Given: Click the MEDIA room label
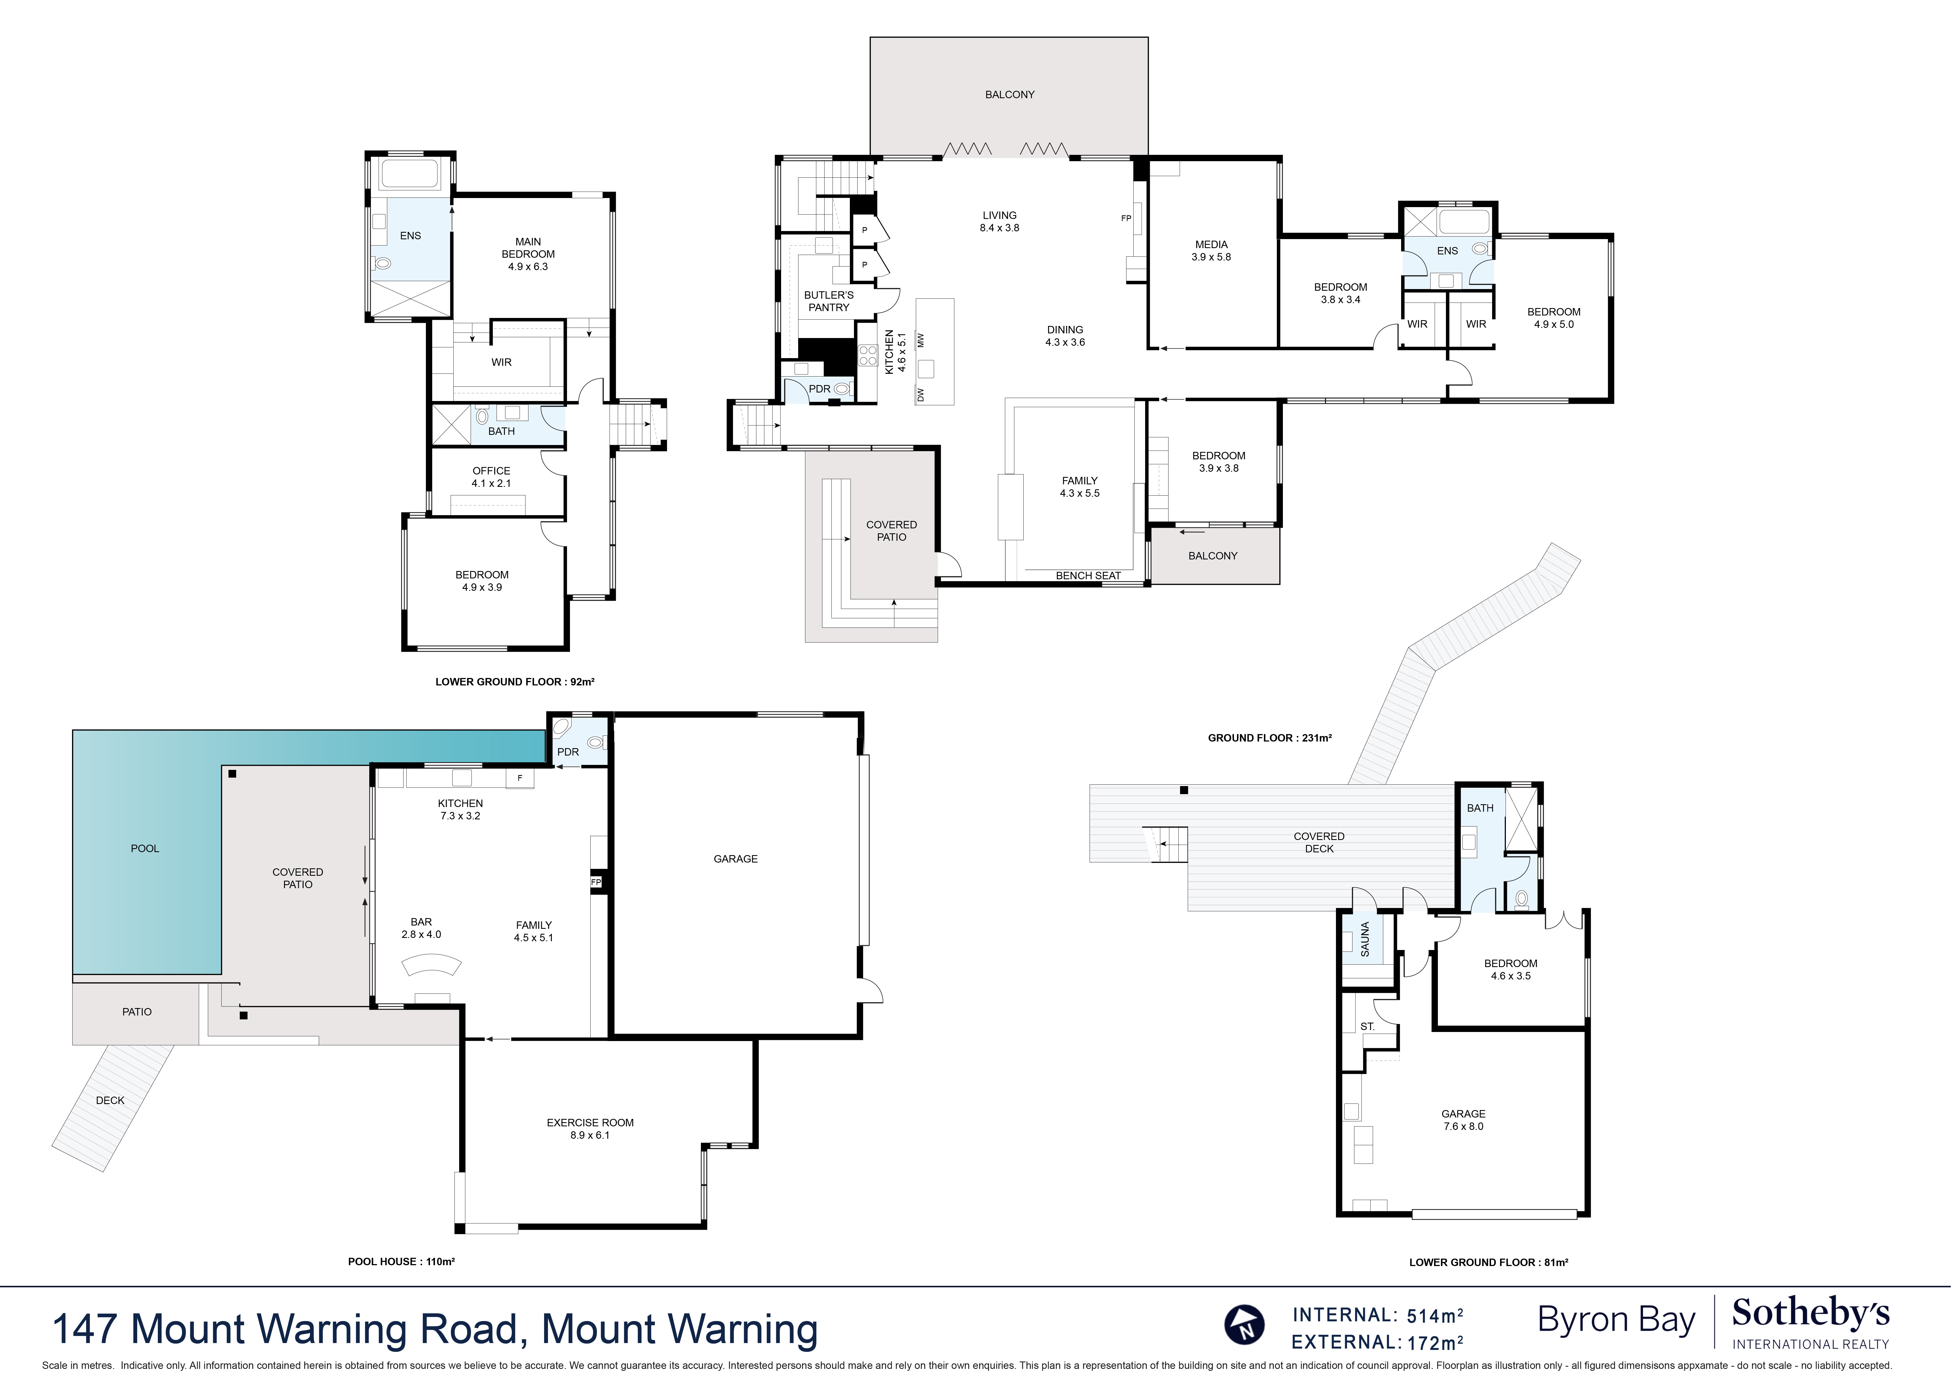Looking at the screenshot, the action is pyautogui.click(x=1211, y=250).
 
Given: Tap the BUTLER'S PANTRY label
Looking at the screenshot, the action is pyautogui.click(x=829, y=301).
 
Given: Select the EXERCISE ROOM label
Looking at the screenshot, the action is pyautogui.click(x=590, y=1129).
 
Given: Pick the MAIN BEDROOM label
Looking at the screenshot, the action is pyautogui.click(x=528, y=253).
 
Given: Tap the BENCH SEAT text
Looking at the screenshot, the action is pyautogui.click(x=1088, y=576).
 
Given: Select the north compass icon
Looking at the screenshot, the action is pyautogui.click(x=1245, y=1324).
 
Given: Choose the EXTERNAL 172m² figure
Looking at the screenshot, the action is pyautogui.click(x=1377, y=1343).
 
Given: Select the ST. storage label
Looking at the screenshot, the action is pyautogui.click(x=1367, y=1026).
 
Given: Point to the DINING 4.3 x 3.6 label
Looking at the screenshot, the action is pyautogui.click(x=1065, y=336).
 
